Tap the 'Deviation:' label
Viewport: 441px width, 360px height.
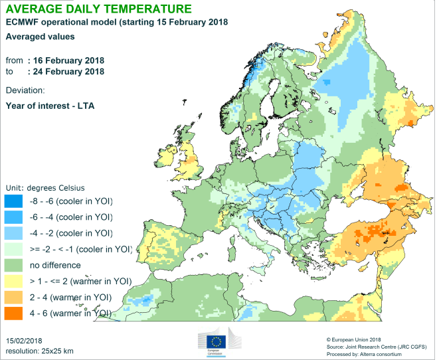25,90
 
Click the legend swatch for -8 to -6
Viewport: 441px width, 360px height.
14,201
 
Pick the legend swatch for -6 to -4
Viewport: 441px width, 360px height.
14,217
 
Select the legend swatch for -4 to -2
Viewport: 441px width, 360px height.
14,232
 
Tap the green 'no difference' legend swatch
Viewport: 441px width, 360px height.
14,264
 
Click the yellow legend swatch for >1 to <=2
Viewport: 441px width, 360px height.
14,280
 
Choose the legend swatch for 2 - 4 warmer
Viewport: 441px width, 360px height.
14,296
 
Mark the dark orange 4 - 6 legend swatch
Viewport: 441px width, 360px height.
14,312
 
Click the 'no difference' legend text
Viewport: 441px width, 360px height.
58,264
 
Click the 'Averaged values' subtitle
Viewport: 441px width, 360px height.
40,37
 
